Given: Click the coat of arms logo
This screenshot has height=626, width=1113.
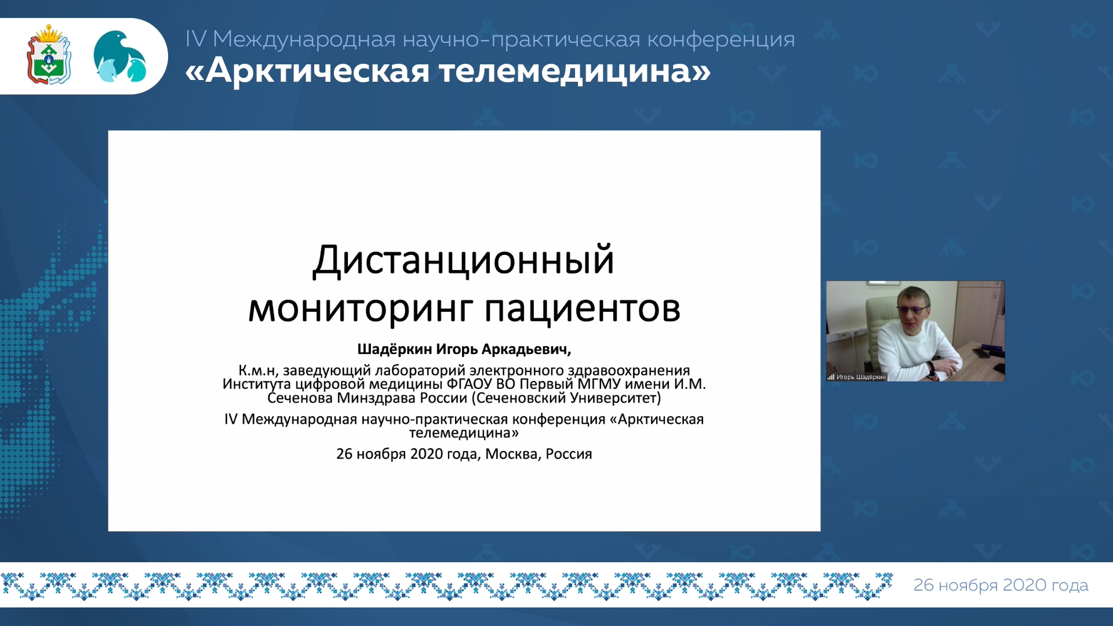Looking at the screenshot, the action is pyautogui.click(x=49, y=54).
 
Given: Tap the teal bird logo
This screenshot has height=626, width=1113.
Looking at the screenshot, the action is pyautogui.click(x=120, y=56).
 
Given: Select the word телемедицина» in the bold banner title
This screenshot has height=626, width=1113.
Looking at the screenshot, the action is pyautogui.click(x=574, y=71).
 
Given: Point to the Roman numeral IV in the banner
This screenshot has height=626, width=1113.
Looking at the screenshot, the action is pyautogui.click(x=196, y=39).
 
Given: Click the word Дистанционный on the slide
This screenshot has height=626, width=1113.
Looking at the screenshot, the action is pyautogui.click(x=463, y=260).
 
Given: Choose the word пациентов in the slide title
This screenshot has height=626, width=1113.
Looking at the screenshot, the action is pyautogui.click(x=583, y=309).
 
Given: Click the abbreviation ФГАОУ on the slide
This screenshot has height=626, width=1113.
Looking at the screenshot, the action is pyautogui.click(x=469, y=384).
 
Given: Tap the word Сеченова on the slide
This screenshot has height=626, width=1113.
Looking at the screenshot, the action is pyautogui.click(x=300, y=398).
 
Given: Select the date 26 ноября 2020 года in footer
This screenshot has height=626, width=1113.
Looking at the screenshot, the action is pyautogui.click(x=1001, y=585).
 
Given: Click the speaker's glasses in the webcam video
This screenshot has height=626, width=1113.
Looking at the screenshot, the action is pyautogui.click(x=912, y=310).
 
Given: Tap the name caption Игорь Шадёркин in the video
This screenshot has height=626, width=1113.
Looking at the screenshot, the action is pyautogui.click(x=861, y=377).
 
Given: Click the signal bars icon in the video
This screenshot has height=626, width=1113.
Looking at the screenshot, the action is pyautogui.click(x=831, y=377).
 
